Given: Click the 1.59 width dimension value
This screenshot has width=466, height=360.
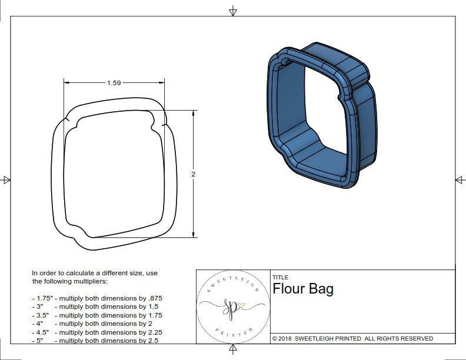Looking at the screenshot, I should coord(114,83).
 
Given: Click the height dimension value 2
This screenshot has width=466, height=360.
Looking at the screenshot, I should coord(193,174).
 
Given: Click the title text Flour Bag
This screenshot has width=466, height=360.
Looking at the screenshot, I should coord(302,289).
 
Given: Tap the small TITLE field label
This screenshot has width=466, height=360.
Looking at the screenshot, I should coord(279,277).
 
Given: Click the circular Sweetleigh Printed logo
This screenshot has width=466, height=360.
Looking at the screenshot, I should coord(233,306).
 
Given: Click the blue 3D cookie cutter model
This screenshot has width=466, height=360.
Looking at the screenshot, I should coord(321,115).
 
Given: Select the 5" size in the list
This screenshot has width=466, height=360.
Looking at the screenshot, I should coord(39,340).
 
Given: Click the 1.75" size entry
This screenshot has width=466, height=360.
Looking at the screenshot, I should coord(43,298).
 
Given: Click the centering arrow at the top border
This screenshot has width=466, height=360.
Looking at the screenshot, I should coord(233,11).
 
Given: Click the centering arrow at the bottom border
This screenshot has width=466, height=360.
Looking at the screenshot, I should coord(233,351).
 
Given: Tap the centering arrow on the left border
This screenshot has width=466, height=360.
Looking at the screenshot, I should coord(6,179).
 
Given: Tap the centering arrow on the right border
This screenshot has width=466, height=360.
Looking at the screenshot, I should coord(459,179).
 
